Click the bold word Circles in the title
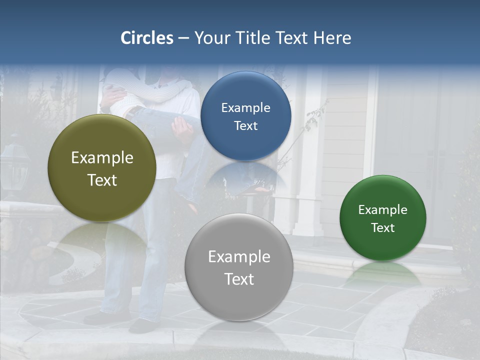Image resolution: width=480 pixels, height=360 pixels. (x=147, y=38)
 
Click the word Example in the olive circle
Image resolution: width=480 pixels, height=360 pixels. (x=102, y=158)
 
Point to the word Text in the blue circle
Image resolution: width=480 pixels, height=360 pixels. (x=245, y=125)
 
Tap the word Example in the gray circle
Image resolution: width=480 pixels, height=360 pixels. (x=239, y=257)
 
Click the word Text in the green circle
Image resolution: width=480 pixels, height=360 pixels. (x=383, y=227)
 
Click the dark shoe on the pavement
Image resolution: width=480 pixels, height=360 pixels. (x=142, y=325)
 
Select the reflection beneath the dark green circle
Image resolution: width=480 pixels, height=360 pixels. (x=383, y=272)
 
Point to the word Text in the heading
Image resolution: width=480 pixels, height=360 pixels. (x=292, y=38)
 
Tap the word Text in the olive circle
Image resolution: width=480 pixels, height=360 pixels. (x=102, y=180)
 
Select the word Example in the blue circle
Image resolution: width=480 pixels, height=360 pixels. (x=245, y=108)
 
